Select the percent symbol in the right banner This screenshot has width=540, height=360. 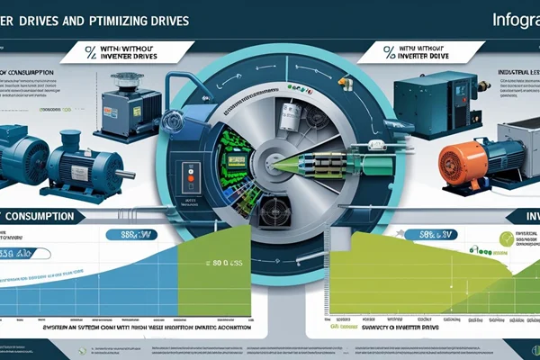coord(390,51)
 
